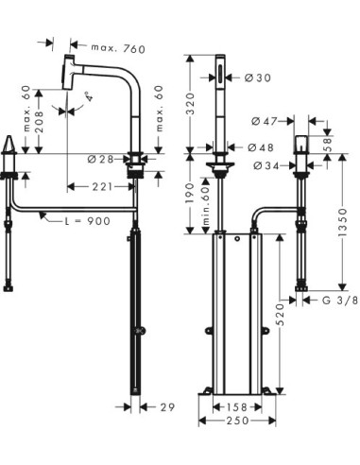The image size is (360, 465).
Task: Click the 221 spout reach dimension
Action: tap(100, 187)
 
